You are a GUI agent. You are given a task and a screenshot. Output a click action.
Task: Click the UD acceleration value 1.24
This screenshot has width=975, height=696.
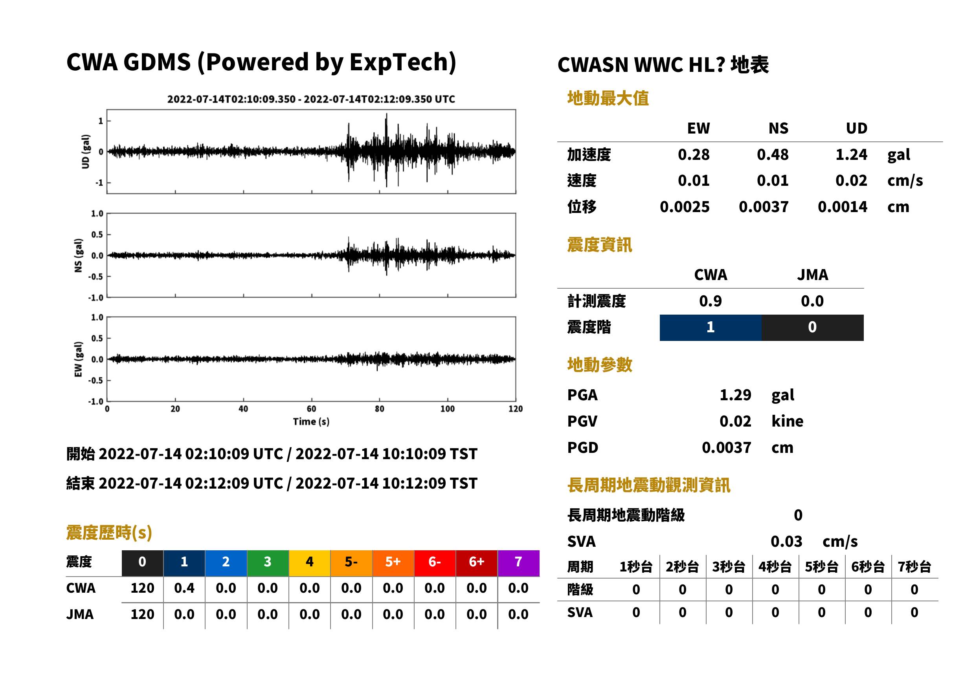click(x=851, y=155)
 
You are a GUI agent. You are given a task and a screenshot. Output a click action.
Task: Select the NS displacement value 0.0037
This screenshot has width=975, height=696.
click(x=763, y=207)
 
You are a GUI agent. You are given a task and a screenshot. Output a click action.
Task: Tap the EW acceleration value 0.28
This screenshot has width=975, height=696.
click(x=693, y=155)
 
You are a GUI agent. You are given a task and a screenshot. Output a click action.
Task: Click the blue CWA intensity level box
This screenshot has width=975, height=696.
click(x=711, y=328)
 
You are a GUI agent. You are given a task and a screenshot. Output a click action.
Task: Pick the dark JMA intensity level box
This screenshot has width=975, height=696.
click(x=813, y=328)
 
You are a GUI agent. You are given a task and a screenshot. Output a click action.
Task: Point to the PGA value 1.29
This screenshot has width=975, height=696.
click(x=735, y=395)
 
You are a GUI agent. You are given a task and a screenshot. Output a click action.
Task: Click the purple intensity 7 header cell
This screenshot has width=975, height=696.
click(x=518, y=563)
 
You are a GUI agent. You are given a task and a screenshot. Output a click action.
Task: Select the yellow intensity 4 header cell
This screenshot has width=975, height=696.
click(x=310, y=563)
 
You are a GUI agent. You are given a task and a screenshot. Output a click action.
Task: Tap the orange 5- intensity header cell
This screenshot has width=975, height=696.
click(x=351, y=563)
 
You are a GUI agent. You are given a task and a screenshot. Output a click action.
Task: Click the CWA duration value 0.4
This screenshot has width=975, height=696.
click(x=184, y=588)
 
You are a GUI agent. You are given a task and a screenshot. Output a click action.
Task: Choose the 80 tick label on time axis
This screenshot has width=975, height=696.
click(x=380, y=409)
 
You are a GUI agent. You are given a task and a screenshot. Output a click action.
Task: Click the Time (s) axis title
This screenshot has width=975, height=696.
click(x=311, y=422)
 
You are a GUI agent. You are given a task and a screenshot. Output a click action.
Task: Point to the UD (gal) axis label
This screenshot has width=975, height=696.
click(x=86, y=151)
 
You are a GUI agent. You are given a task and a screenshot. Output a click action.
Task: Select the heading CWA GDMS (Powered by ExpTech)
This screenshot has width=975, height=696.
click(x=261, y=62)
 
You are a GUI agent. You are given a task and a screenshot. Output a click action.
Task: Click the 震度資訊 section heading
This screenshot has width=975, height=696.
click(x=599, y=245)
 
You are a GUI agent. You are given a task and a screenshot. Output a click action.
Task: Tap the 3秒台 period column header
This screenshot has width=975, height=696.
click(x=729, y=567)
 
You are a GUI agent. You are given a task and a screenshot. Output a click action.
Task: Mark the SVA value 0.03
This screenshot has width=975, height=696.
click(x=786, y=542)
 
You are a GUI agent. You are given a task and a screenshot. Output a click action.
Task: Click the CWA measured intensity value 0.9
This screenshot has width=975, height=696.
click(x=711, y=301)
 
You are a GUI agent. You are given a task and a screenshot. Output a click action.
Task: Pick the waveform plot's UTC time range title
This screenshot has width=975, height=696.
click(x=311, y=99)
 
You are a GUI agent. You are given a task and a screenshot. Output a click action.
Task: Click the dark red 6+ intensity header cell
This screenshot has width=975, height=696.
click(x=477, y=563)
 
